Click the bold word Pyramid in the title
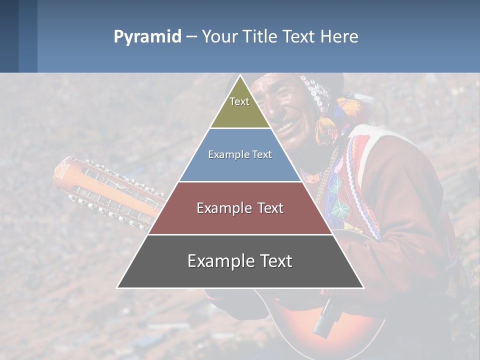[147, 37]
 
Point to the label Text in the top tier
[239, 101]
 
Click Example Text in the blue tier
[240, 154]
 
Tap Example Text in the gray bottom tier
[240, 261]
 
